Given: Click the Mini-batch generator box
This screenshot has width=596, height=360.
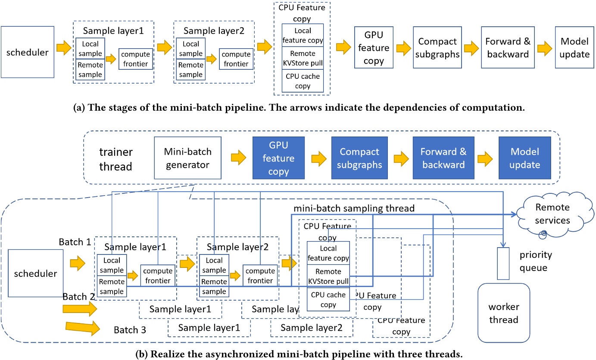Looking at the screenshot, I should point(187,158).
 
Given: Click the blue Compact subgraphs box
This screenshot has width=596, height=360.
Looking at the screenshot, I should point(359,158).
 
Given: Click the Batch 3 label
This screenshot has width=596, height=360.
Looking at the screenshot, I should point(130,330).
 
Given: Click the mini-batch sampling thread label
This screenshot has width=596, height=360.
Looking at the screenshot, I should point(354,208).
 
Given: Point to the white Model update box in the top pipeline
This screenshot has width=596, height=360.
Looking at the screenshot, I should point(574,48).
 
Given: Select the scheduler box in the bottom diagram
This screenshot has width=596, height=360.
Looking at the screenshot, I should point(32,272).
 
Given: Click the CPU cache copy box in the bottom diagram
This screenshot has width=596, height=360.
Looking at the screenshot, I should point(328,299).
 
